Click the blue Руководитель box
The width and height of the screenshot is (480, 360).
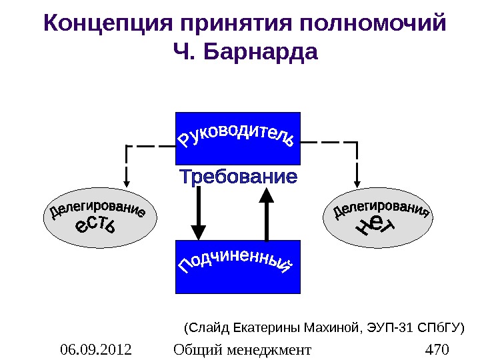(x=237, y=138)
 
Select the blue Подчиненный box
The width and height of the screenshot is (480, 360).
(x=237, y=267)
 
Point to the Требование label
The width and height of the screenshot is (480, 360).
(x=238, y=178)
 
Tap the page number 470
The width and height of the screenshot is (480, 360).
(x=437, y=349)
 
